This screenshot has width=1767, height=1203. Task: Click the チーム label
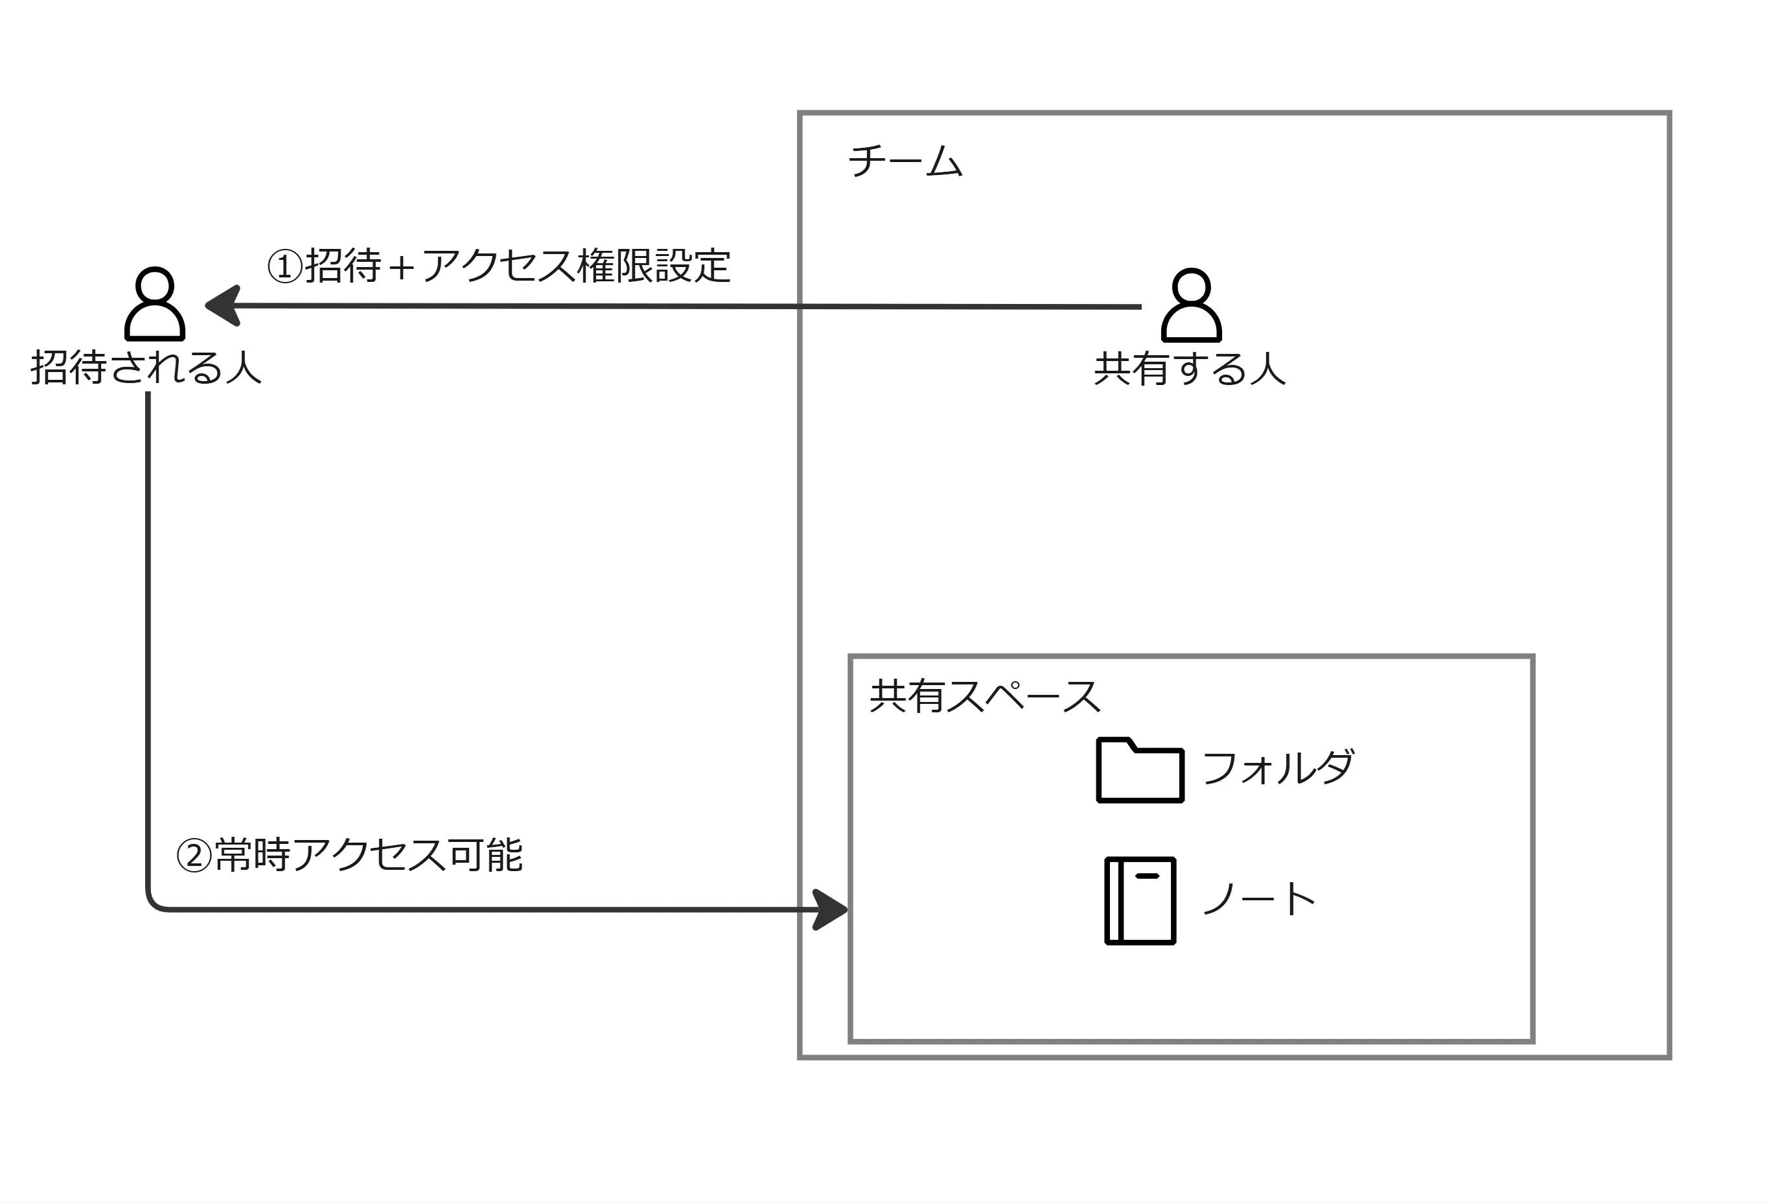coord(905,161)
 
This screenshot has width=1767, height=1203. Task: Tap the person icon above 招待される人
coord(155,303)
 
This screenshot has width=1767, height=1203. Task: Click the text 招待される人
coord(146,368)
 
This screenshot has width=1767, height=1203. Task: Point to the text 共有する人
coord(1190,369)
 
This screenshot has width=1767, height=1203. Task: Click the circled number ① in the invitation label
coord(286,267)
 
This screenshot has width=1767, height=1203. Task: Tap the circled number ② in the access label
coord(194,856)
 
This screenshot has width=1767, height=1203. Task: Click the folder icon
coord(1140,770)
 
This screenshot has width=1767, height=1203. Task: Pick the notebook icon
coord(1140,901)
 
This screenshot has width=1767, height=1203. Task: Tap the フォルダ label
coord(1278,767)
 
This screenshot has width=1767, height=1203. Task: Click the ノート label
coord(1259,900)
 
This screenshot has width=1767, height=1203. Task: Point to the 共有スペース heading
coord(985,697)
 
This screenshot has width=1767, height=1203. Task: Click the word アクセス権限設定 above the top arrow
coord(575,266)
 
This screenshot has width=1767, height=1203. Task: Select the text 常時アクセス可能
coord(369,855)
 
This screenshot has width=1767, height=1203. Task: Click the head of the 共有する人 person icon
coord(1191,286)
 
